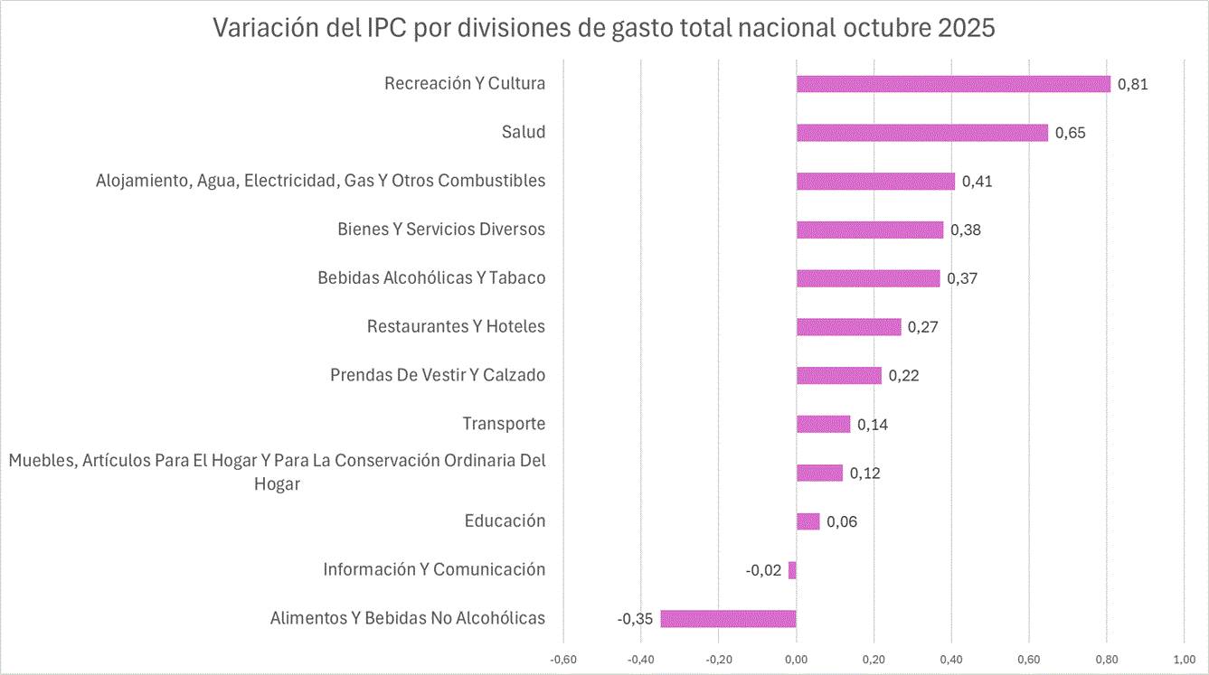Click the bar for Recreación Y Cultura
point(953,84)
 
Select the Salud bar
point(921,133)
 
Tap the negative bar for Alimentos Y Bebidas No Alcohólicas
point(728,619)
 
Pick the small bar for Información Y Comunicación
point(792,570)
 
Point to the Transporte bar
point(823,424)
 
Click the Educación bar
point(808,521)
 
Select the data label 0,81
point(1132,84)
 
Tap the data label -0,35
point(636,619)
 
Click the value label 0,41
point(977,182)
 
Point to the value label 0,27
point(922,327)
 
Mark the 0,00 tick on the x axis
point(796,658)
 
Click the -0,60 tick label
point(562,658)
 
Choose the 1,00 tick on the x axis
point(1184,658)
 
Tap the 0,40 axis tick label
point(951,658)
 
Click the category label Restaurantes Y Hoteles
point(456,326)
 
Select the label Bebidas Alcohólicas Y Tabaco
point(431,277)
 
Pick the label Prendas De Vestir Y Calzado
point(438,375)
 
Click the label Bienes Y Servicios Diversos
point(441,229)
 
